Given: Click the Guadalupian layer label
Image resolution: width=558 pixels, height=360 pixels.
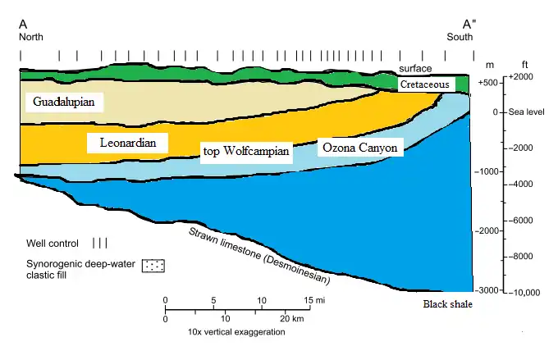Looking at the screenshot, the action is coord(64,102).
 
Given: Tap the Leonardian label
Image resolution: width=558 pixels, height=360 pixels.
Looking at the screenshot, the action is coord(127,143).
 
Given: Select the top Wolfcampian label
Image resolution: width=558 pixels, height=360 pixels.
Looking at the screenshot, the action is coord(246,152).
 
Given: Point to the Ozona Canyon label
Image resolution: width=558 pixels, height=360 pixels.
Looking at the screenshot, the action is coord(360,148).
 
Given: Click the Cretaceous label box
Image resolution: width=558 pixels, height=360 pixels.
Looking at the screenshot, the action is coord(425,84).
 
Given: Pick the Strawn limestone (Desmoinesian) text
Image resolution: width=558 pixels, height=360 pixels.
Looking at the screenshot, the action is coord(259,255).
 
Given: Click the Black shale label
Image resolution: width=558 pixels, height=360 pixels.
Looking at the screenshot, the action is coord(448,304).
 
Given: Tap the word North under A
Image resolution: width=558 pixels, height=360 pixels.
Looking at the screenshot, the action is coord(31,37).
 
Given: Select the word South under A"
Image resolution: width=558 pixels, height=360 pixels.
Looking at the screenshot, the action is coord(460,37).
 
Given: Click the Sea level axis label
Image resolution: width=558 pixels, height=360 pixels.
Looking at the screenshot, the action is coord(526,112).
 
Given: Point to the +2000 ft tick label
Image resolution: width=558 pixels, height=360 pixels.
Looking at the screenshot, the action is coord(520,77).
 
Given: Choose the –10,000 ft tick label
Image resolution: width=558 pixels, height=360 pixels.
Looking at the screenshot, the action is coord(524,293).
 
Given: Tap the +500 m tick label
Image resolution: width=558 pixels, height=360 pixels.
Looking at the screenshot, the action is coord(488,83).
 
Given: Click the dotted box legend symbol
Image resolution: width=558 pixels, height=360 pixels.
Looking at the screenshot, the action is coord(153,266).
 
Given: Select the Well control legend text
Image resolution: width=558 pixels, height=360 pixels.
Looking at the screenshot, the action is coord(53,244).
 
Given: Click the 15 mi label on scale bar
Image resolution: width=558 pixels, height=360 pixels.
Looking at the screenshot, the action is coord(314,300).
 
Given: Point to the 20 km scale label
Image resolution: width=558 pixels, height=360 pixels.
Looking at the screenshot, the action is coord(292,318).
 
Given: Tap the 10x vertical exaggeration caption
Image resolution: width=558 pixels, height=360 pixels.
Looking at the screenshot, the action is coord(236,332).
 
